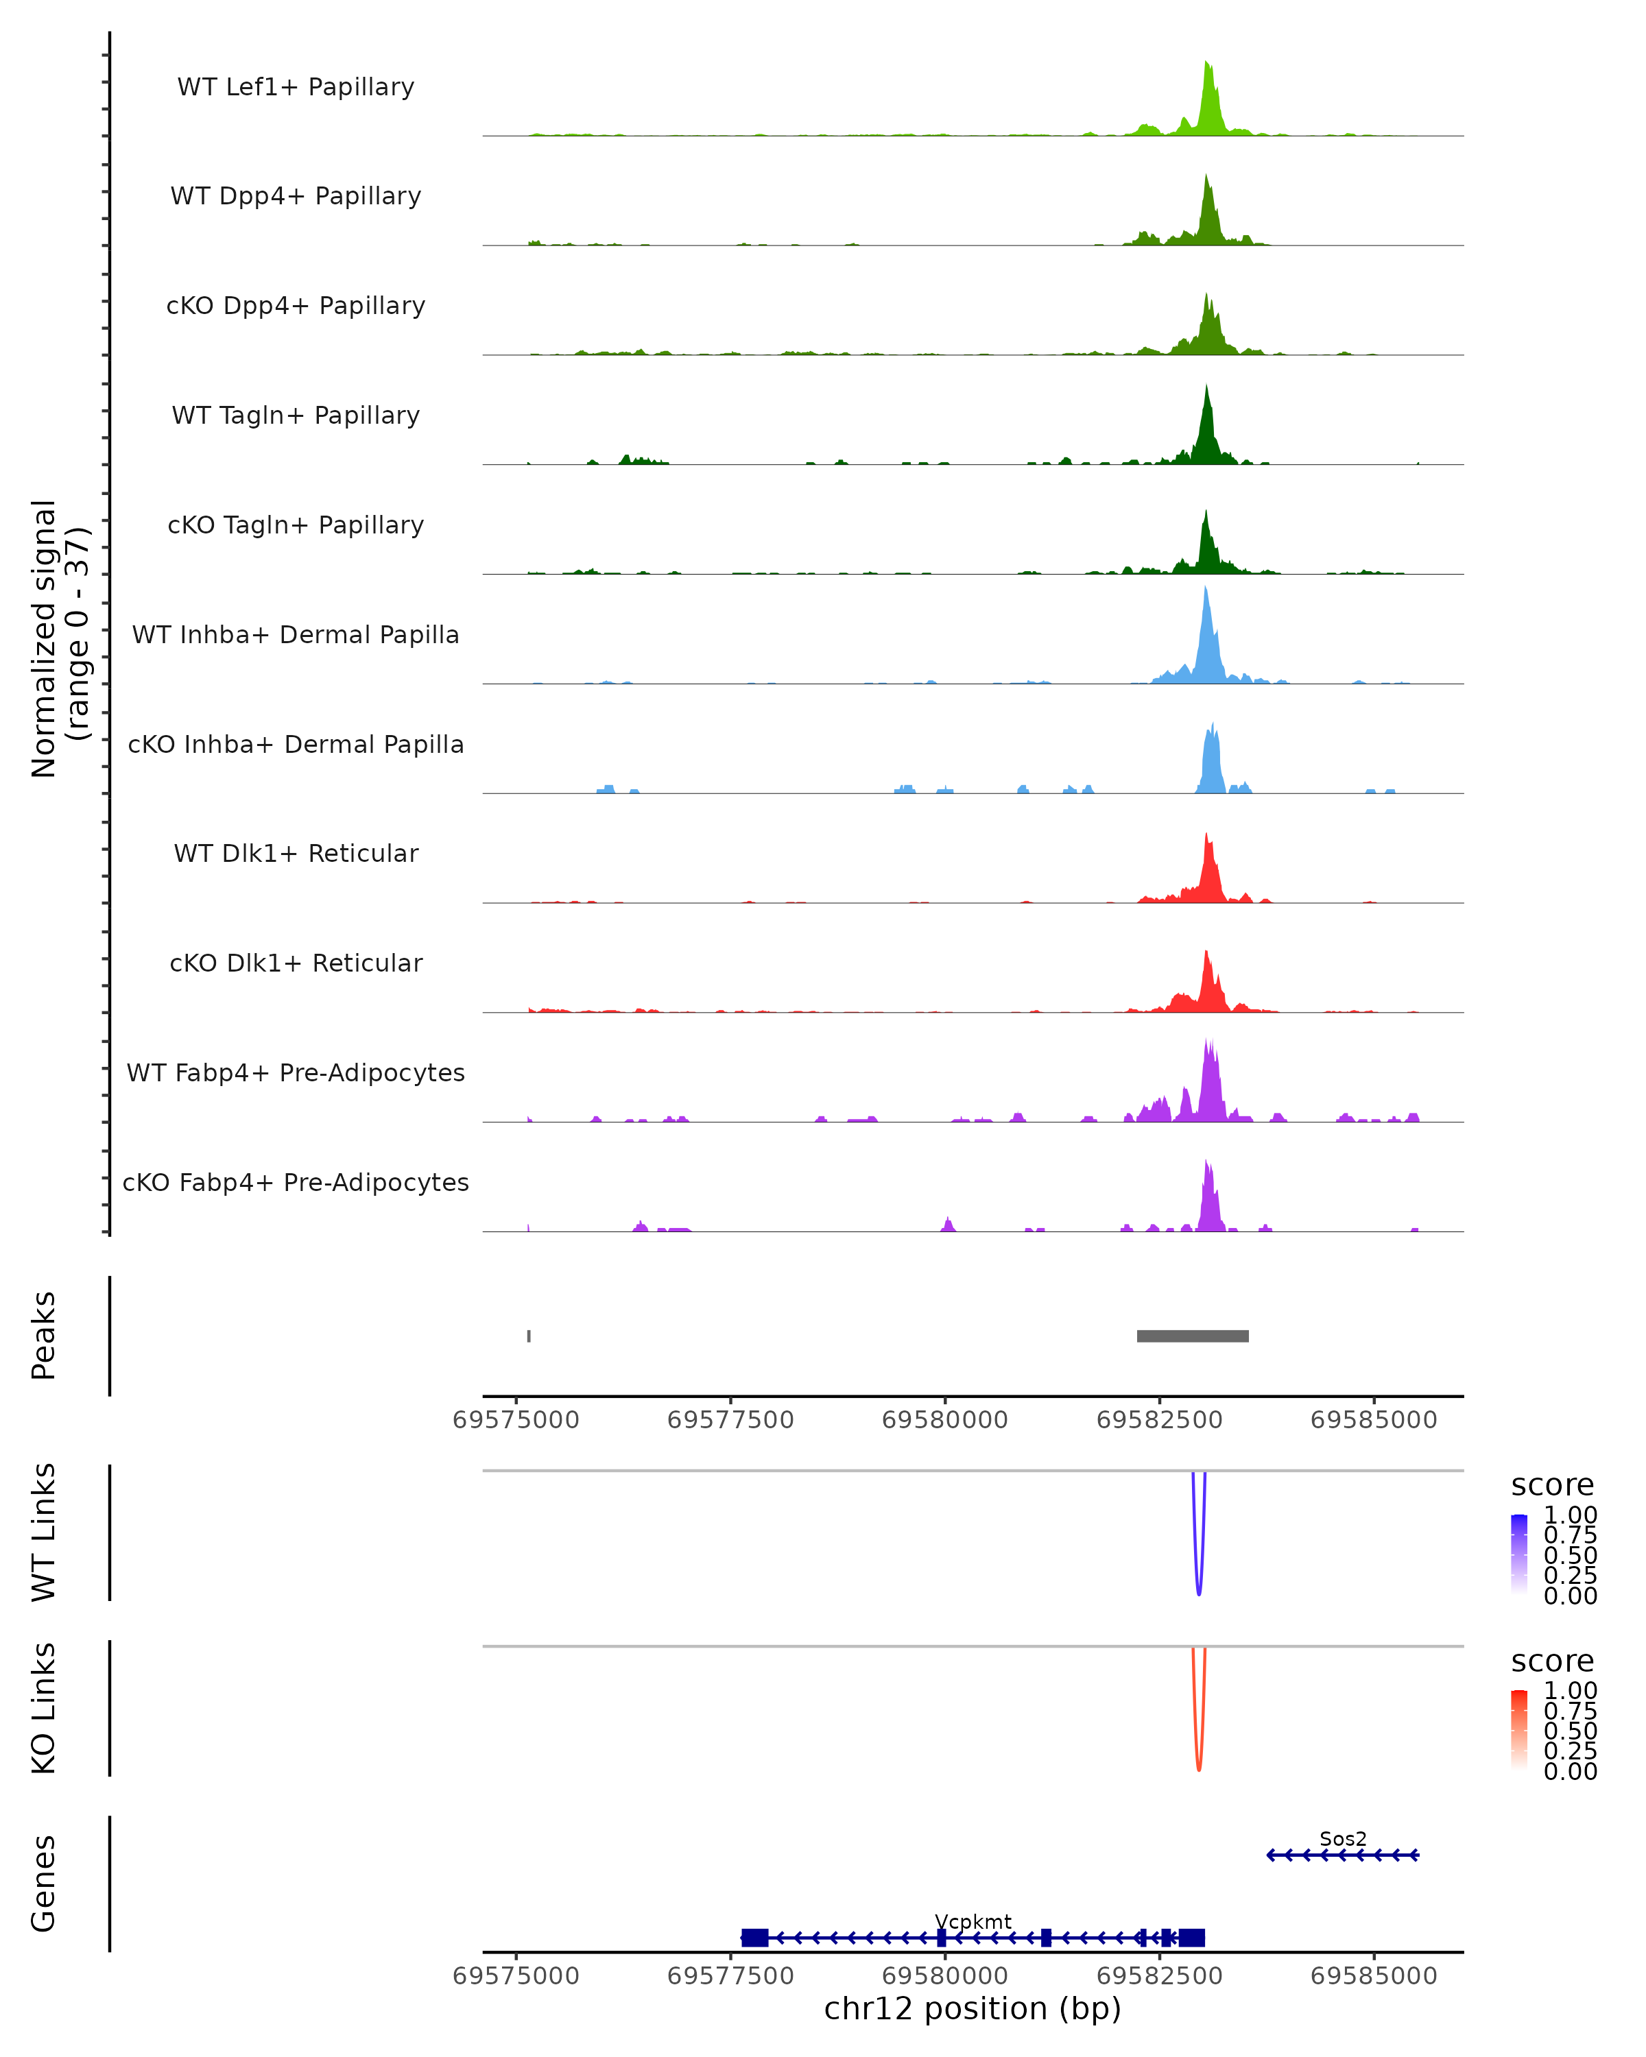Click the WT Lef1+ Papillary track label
pos(296,87)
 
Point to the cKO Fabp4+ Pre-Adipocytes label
pos(296,1182)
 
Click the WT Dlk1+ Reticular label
pos(296,853)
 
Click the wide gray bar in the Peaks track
pos(1193,1336)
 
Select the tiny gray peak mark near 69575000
pos(529,1336)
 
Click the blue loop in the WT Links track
pos(1198,1591)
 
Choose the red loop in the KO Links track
pos(1198,1768)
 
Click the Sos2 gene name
pos(1343,1838)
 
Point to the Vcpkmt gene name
pos(973,1921)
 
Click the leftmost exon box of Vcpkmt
pos(755,1938)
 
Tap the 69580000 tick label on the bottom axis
pos(944,1976)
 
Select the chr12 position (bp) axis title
pos(973,2009)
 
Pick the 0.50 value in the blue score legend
pos(1570,1555)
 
